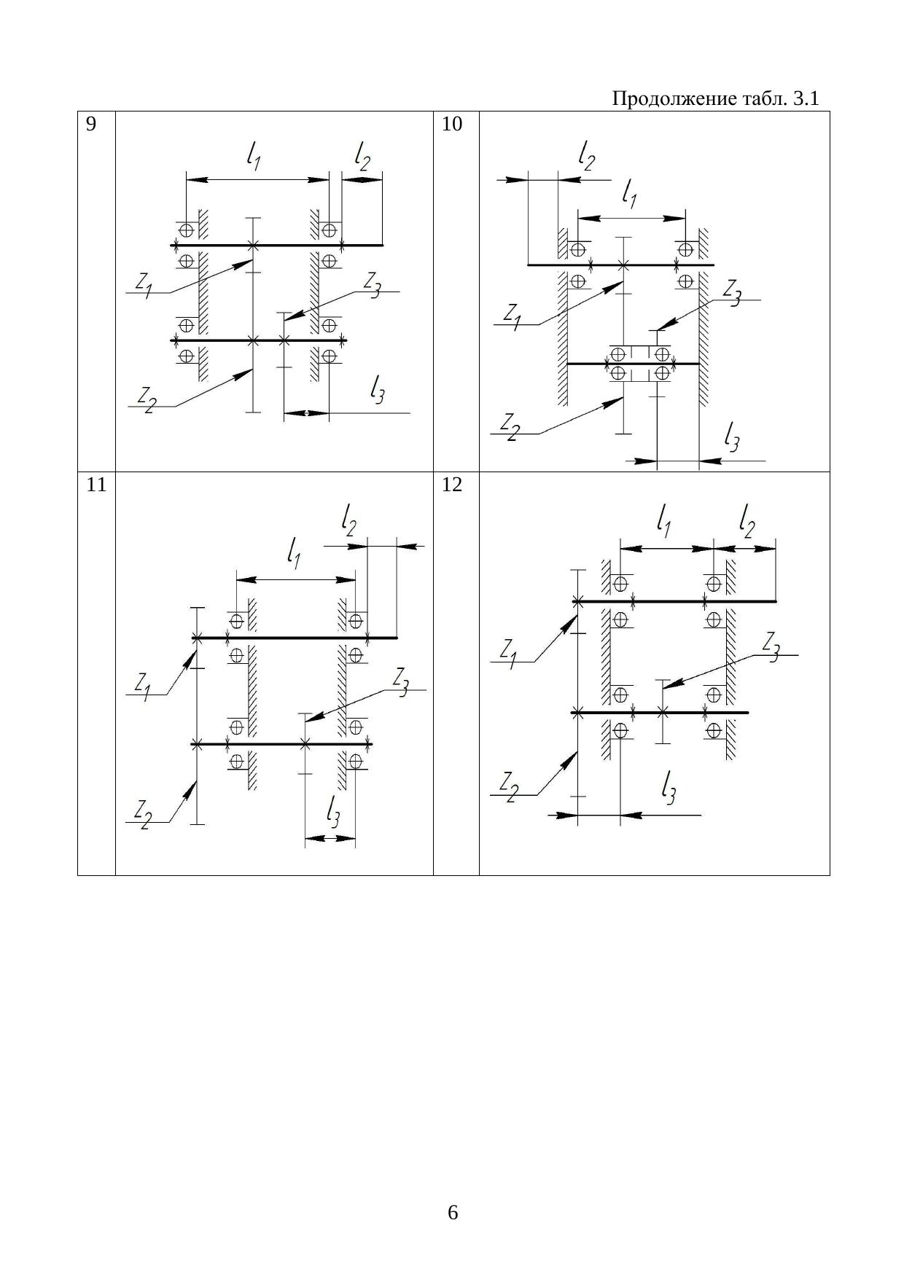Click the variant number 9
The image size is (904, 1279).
[x=91, y=125]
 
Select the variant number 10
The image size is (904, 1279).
[x=452, y=125]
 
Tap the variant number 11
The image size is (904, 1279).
[x=96, y=485]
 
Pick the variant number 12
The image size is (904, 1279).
[x=452, y=485]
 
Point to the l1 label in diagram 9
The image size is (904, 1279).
[x=254, y=157]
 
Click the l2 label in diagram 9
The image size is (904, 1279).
[x=362, y=157]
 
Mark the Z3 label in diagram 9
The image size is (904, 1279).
[x=372, y=284]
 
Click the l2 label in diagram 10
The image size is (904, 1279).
[x=586, y=157]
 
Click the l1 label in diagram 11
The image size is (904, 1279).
[x=295, y=555]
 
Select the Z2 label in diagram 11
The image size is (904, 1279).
[x=142, y=814]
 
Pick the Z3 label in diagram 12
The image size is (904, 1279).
[x=771, y=646]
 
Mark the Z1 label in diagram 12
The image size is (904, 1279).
[x=509, y=652]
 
